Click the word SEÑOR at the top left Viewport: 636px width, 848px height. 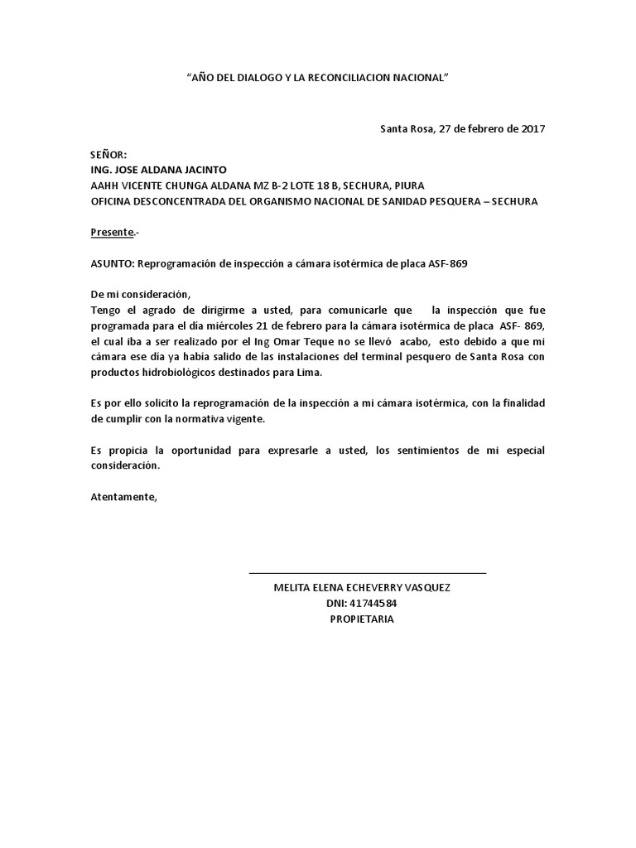click(108, 155)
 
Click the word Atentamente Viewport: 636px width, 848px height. click(123, 497)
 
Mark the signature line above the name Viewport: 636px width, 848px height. click(367, 572)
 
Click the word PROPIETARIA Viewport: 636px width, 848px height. click(362, 619)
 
